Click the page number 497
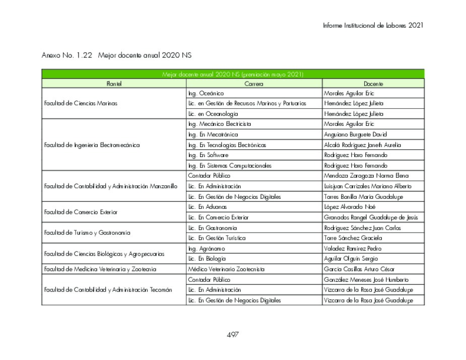point(232,335)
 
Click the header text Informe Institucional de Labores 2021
point(373,25)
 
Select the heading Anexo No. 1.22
point(66,55)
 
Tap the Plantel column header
point(114,84)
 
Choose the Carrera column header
point(253,84)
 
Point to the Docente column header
point(373,84)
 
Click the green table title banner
point(233,75)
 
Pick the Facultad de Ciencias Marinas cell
point(81,104)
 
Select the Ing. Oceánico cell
point(206,94)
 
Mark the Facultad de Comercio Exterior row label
point(81,212)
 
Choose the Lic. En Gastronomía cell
point(210,228)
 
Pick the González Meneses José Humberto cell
point(366,279)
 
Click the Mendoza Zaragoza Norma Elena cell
point(366,176)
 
